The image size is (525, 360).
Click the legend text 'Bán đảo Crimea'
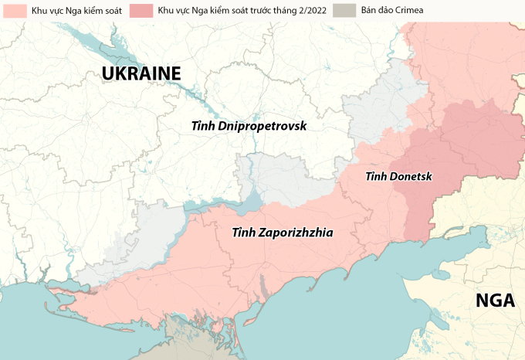click(391, 12)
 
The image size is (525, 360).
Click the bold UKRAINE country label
click(141, 73)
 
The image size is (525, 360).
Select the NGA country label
click(494, 301)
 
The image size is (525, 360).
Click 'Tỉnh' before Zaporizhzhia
click(244, 231)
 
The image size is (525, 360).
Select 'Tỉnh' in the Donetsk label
click(376, 177)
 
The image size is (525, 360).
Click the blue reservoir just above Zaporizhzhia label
click(246, 202)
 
